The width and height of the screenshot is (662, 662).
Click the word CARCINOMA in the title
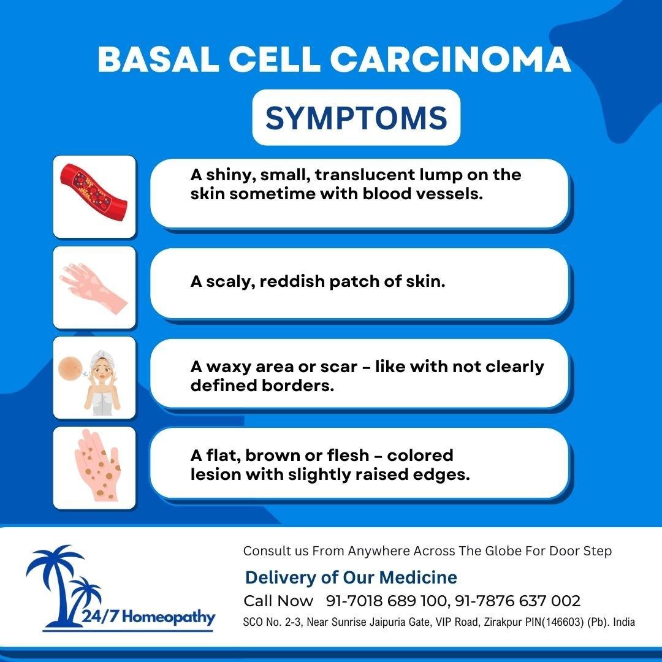[x=451, y=60]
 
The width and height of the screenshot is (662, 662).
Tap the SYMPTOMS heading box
[x=356, y=118]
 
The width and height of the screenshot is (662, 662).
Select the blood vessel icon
[x=94, y=196]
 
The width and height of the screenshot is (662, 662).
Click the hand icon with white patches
[x=94, y=286]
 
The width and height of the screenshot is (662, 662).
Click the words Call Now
[x=278, y=601]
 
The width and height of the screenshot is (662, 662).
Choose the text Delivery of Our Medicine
[x=351, y=577]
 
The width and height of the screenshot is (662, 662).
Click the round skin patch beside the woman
[x=69, y=368]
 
